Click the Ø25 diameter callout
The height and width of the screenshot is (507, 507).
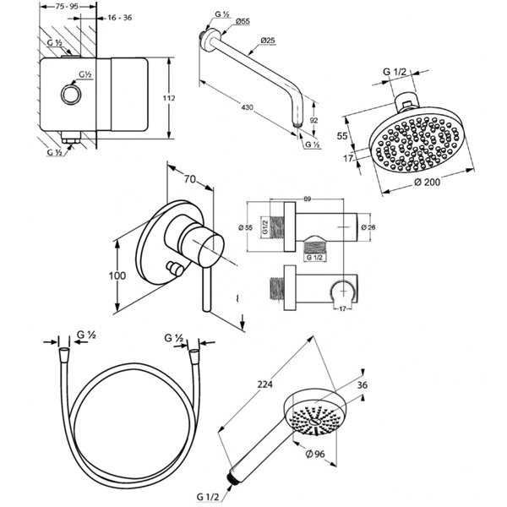point(270,41)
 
